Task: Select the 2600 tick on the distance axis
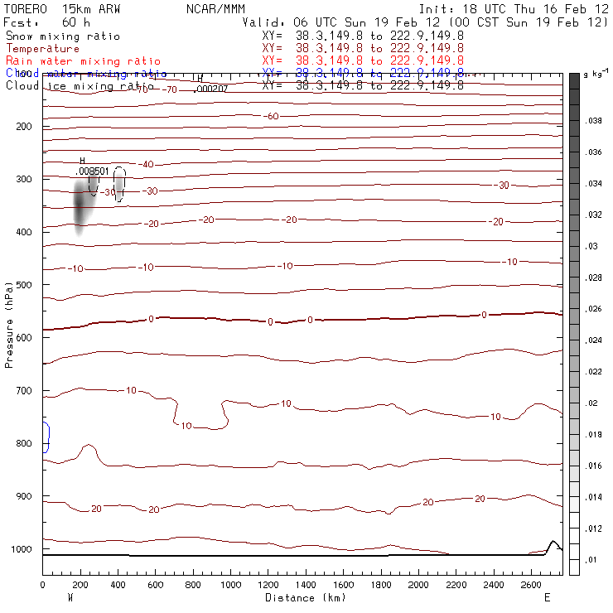point(529,586)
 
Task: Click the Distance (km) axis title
point(302,597)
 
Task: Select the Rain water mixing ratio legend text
point(83,61)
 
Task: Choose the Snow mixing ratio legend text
point(63,36)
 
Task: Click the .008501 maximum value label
point(92,171)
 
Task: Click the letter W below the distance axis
point(70,597)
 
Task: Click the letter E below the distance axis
point(547,597)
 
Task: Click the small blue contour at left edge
point(46,437)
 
